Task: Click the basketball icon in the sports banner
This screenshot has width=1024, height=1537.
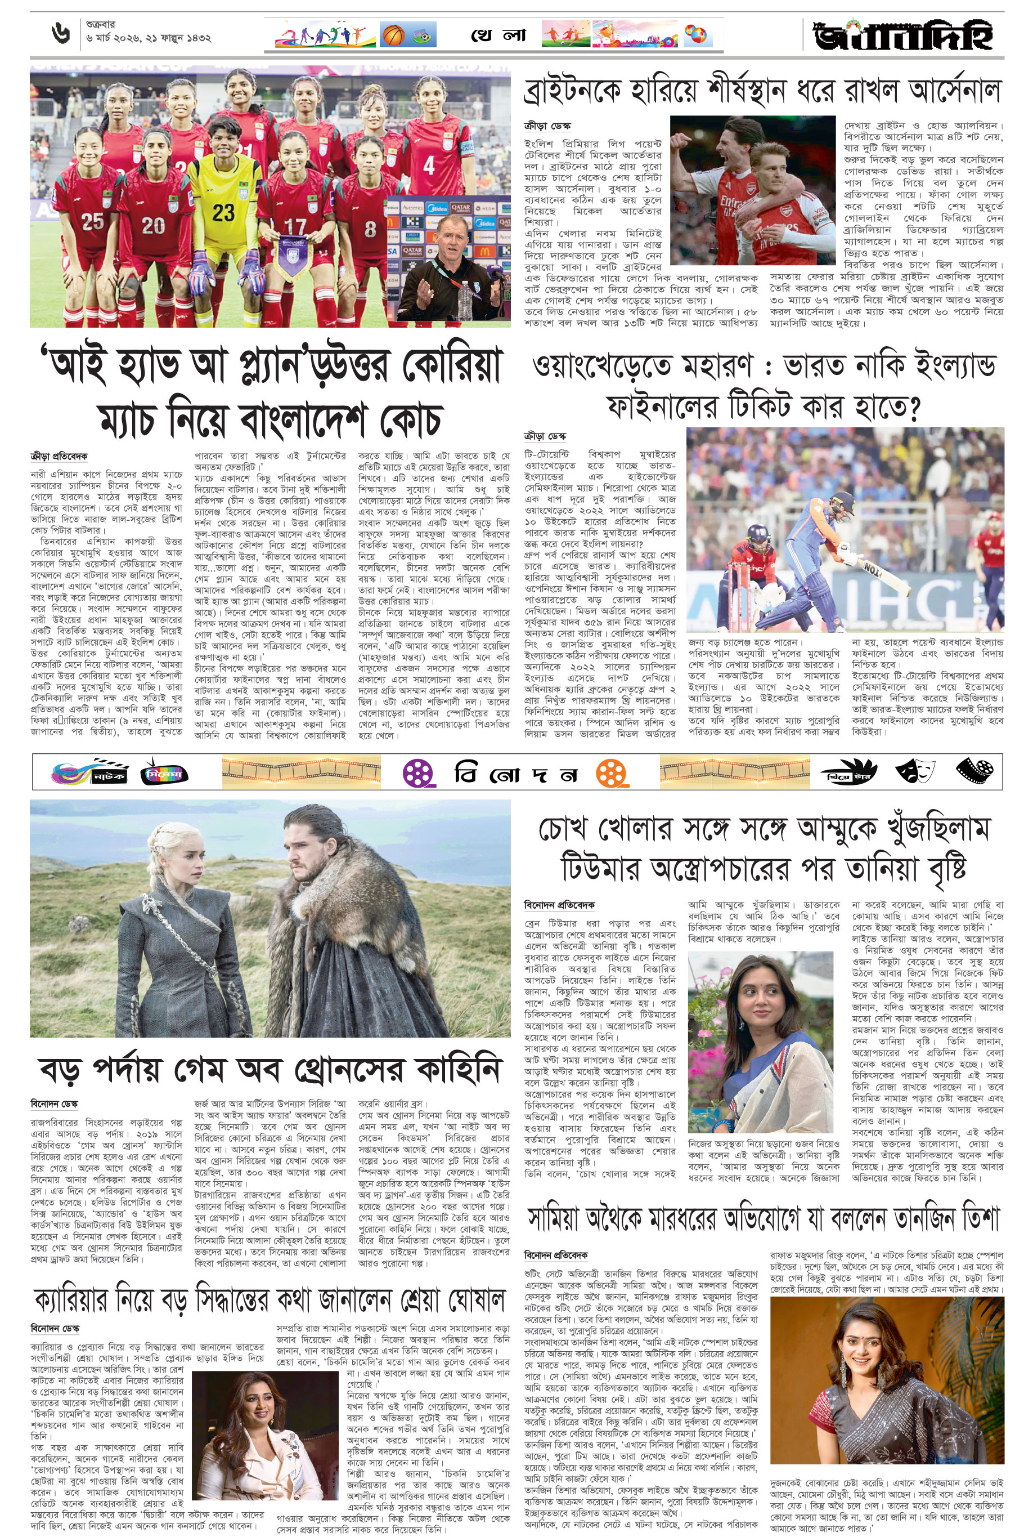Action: click(393, 35)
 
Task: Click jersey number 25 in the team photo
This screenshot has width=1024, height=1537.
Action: click(93, 221)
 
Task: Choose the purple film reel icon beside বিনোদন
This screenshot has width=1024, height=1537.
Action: click(419, 774)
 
